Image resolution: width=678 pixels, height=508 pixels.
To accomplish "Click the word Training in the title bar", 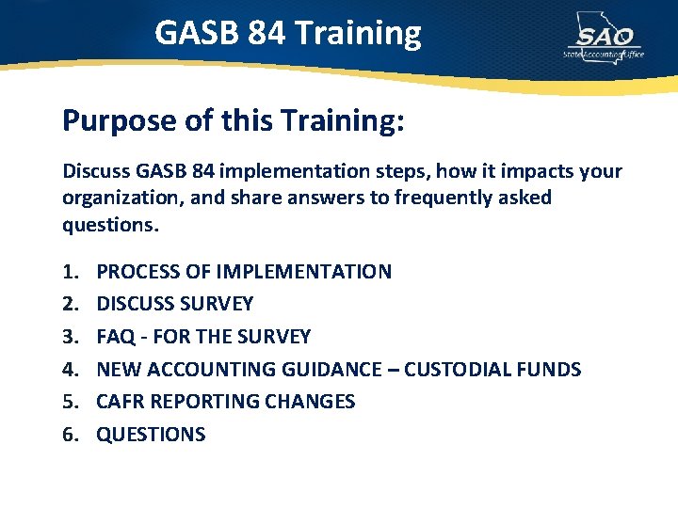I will click(x=358, y=33).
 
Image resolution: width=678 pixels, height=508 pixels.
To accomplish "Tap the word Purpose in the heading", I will click(x=106, y=120).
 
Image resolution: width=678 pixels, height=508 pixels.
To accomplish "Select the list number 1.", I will click(x=70, y=272).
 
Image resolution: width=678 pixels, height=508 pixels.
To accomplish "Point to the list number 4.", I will click(x=70, y=370).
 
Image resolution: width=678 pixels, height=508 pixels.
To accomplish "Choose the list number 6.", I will click(x=70, y=435).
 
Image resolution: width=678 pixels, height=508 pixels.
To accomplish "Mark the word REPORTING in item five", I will click(x=204, y=402).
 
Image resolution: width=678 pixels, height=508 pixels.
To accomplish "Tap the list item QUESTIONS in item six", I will click(x=151, y=435).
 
